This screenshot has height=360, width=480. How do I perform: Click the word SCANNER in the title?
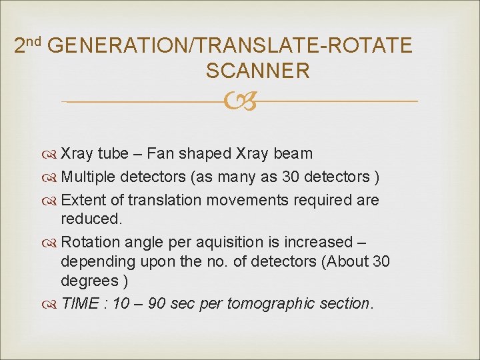[258, 71]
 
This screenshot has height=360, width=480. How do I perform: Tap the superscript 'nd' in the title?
[34, 41]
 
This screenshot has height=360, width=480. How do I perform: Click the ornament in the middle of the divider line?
[240, 102]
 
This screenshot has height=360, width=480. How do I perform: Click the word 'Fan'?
[160, 153]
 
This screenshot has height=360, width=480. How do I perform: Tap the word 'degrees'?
[87, 280]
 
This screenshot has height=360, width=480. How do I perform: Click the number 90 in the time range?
[157, 304]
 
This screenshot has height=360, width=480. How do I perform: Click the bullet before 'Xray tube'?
[51, 154]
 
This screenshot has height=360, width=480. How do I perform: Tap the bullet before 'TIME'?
[51, 305]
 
